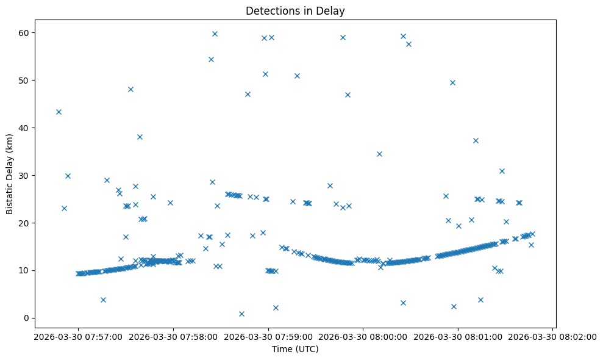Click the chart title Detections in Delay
tap(295, 10)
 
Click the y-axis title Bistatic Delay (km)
tap(10, 174)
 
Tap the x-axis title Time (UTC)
tap(295, 350)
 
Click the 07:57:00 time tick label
tap(77, 336)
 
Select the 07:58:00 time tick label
tap(173, 336)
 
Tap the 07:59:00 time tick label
tap(268, 336)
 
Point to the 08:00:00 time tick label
tap(363, 336)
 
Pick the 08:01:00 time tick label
tap(458, 336)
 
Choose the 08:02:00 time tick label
tap(553, 336)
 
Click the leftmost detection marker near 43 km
tap(59, 112)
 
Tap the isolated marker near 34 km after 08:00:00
tap(379, 154)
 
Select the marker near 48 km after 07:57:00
tap(130, 89)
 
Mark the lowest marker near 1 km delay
tap(241, 314)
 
